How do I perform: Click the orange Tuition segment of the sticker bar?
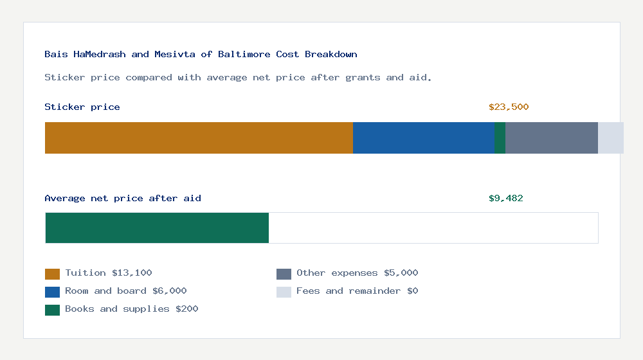[199, 138]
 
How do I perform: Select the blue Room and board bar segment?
[424, 138]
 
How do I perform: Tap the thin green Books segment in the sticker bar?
[500, 138]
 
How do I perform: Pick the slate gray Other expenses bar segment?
[552, 138]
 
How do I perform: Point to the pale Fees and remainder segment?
[611, 138]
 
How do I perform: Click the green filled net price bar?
[157, 228]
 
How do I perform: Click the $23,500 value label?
[509, 107]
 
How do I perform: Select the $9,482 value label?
[506, 199]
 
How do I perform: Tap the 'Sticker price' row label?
[82, 107]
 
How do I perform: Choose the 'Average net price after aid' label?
[123, 199]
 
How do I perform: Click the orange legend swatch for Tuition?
[52, 274]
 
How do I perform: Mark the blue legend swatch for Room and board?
[52, 292]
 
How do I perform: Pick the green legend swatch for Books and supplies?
[52, 310]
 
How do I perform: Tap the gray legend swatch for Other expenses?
[284, 274]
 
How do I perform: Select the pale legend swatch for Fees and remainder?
[284, 292]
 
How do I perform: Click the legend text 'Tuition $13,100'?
[109, 273]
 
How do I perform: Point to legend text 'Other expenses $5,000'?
[357, 273]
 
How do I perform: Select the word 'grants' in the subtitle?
[364, 78]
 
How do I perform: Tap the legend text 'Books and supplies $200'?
[132, 309]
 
